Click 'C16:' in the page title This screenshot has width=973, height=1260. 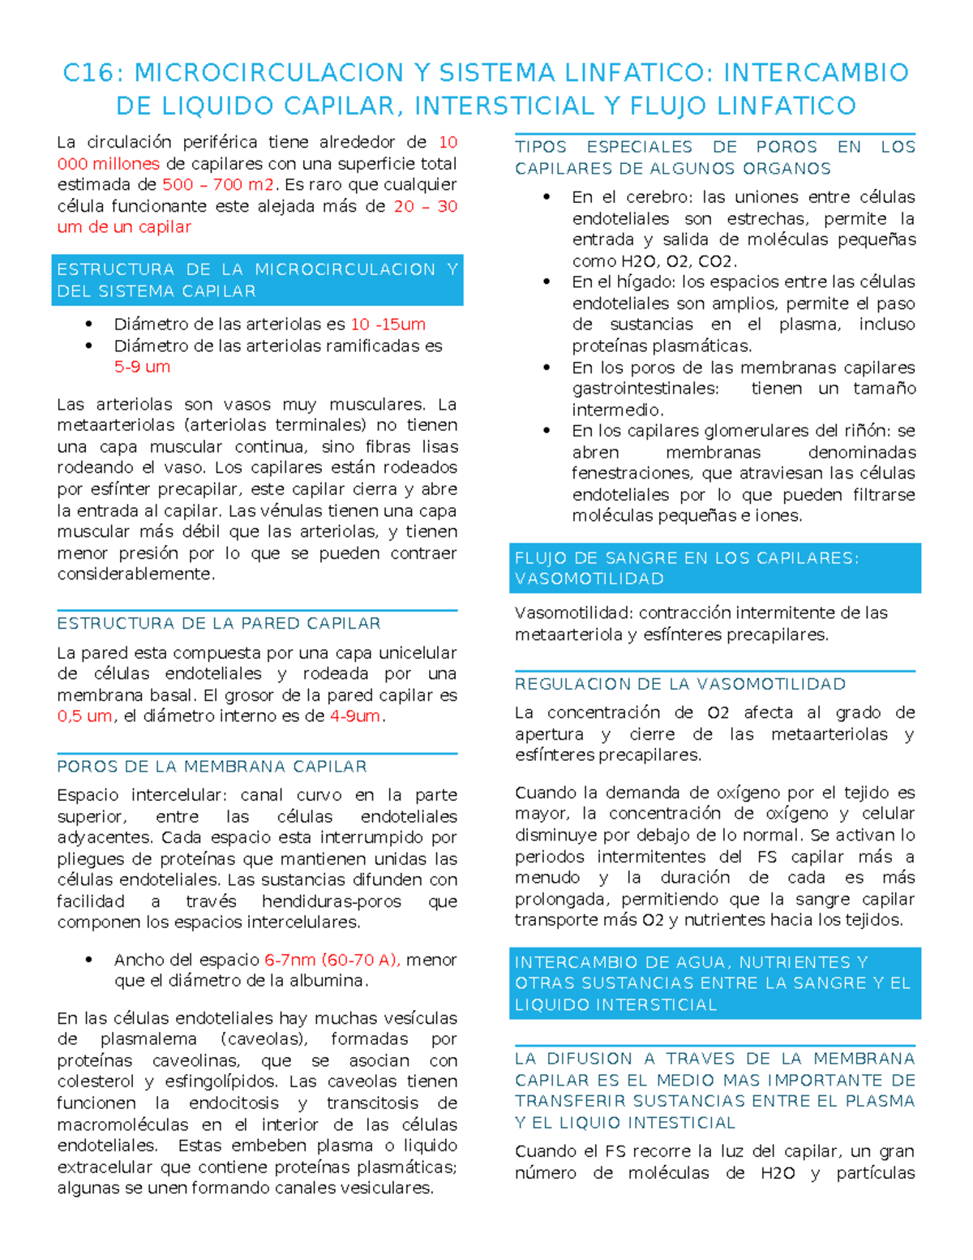point(92,73)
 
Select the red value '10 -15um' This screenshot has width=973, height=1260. point(388,325)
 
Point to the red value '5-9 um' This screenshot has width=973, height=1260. point(142,367)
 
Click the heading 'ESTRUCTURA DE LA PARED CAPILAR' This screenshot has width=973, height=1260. point(219,624)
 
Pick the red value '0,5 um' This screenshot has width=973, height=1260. point(84,716)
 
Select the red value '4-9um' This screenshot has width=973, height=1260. point(355,716)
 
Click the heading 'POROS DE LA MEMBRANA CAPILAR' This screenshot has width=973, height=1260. point(212,767)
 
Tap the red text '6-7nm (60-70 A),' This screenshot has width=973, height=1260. point(332,960)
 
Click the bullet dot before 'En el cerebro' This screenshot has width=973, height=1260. point(547,197)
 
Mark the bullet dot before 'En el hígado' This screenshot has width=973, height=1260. point(547,282)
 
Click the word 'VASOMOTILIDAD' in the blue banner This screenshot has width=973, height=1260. point(589,579)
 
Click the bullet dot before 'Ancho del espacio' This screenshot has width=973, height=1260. point(89,960)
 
